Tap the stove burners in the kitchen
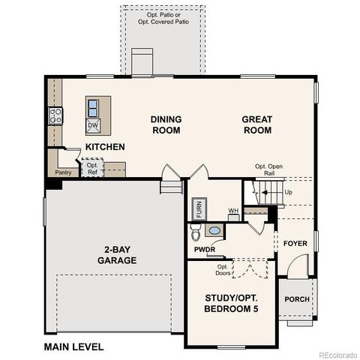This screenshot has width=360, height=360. (x=55, y=115)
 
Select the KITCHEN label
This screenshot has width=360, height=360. (x=104, y=147)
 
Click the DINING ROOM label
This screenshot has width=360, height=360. (x=166, y=124)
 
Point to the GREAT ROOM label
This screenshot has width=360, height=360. (x=256, y=124)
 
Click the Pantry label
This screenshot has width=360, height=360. (x=63, y=172)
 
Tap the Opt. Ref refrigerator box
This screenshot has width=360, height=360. (x=92, y=169)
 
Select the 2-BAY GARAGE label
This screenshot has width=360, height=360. (x=116, y=256)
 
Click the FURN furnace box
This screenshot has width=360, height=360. (x=199, y=208)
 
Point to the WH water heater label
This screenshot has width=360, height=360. (x=233, y=211)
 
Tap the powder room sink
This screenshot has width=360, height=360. (x=215, y=231)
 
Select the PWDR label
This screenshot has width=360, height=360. (x=204, y=249)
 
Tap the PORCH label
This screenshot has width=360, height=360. (x=297, y=299)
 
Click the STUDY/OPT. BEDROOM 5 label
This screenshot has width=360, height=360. (x=232, y=304)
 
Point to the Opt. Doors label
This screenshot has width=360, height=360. (x=223, y=269)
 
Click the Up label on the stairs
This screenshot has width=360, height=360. (x=289, y=192)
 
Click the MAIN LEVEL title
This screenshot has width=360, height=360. (x=73, y=347)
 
